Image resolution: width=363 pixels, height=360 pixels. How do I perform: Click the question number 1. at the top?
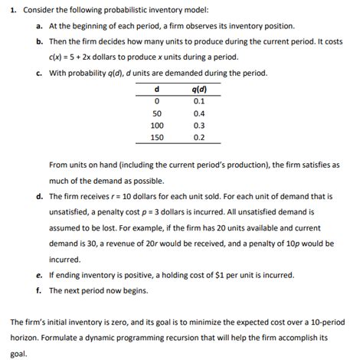point(6,10)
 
